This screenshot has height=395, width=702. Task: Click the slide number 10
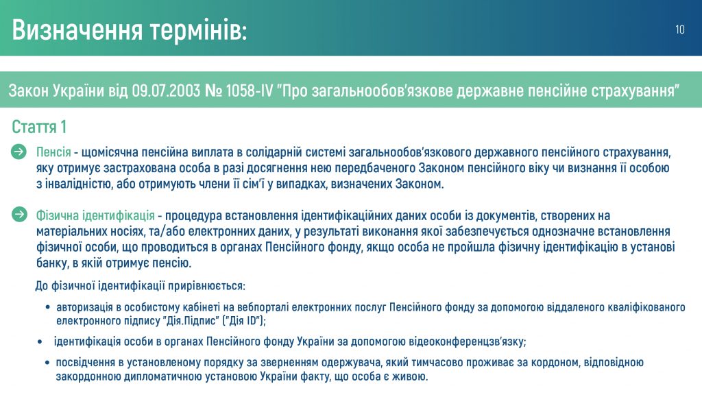pos(679,29)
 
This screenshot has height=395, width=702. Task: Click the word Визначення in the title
pos(77,30)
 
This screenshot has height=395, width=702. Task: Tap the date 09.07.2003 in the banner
pos(166,91)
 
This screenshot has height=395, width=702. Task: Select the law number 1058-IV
pos(250,91)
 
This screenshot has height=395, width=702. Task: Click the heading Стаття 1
pos(39,127)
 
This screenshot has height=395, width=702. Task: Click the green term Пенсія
pos(53,152)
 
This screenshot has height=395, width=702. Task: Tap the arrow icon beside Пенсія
pos(19,152)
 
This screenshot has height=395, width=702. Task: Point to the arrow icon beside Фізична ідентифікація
pos(19,215)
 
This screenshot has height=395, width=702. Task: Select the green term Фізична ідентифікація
pos(95,216)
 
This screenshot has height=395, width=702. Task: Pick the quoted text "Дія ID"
pos(244,321)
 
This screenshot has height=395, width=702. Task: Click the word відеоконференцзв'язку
pos(467,342)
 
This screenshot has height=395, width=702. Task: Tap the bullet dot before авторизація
pos(48,308)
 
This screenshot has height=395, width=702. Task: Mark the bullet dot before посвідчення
pos(47,363)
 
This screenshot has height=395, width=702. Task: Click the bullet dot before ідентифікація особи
pos(40,342)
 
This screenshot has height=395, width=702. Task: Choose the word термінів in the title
pos(198,30)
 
